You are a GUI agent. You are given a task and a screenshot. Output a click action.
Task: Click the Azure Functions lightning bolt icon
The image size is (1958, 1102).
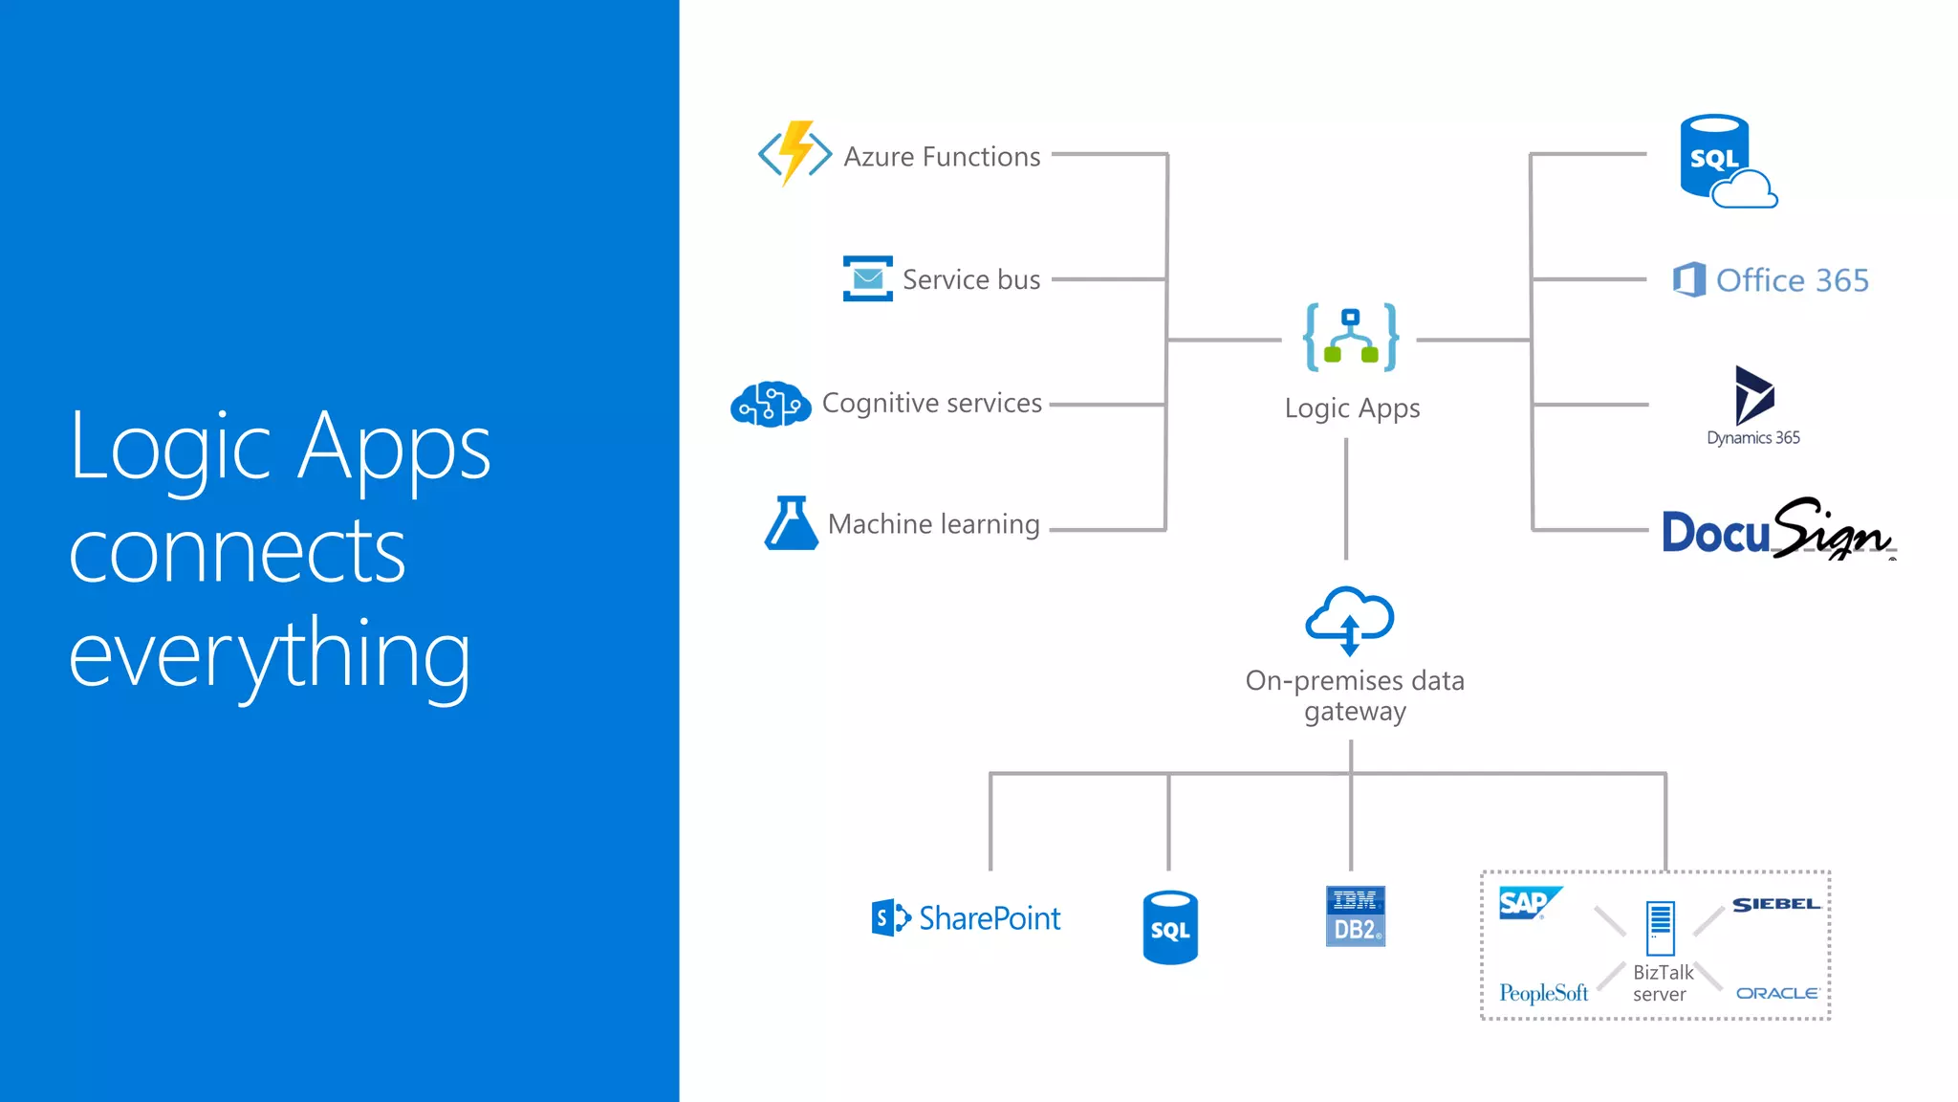794,153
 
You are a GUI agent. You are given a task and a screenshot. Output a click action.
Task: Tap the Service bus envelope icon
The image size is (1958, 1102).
867,278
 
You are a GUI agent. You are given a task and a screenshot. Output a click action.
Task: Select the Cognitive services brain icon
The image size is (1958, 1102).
771,404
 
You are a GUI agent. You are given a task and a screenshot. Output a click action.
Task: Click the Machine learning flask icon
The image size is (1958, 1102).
791,523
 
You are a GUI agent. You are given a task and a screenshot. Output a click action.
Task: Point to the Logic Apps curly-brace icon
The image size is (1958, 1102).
1351,338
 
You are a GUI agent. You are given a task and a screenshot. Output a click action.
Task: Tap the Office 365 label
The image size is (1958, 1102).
1792,280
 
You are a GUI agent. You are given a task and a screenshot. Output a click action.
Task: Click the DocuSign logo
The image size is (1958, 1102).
1777,530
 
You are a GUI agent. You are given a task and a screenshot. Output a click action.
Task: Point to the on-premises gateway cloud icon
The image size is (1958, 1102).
1350,620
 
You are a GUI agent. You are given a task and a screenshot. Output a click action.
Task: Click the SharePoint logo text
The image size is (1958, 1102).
990,918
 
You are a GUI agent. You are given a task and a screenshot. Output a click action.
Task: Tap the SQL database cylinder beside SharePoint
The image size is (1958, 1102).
1170,927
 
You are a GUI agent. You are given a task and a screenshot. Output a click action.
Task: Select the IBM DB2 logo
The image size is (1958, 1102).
1355,916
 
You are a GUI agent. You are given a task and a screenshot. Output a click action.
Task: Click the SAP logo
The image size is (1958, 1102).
1528,902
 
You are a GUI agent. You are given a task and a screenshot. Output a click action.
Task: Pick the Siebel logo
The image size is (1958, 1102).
1775,904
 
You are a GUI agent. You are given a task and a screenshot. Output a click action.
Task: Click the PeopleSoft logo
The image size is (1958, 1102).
1543,993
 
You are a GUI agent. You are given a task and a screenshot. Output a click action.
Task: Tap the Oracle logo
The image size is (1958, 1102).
1776,993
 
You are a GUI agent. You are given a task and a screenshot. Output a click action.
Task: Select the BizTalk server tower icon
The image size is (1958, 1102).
1661,928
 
